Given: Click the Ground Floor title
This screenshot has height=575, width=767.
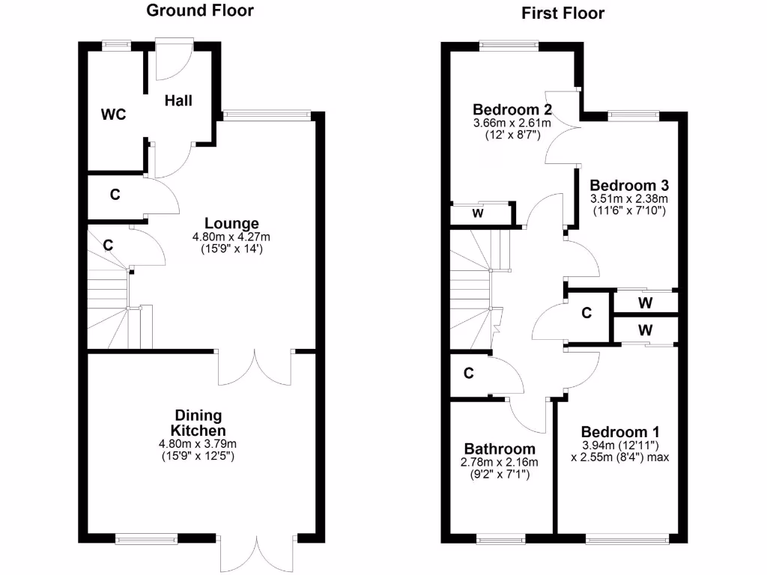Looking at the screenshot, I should click(x=199, y=10).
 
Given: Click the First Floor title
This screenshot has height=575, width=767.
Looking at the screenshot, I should click(x=562, y=13).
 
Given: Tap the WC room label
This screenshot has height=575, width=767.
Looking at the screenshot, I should click(x=113, y=115).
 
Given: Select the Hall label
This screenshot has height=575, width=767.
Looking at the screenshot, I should click(x=179, y=100).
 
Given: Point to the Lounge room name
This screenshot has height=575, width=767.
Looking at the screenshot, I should click(x=231, y=223).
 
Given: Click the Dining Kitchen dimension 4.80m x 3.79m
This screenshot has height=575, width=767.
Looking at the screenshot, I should click(x=198, y=444).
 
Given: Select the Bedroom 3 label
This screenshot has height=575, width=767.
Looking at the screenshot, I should click(x=629, y=185).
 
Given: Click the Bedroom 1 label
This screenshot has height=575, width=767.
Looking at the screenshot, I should click(x=620, y=432).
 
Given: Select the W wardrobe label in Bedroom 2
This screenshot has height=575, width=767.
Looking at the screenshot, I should click(x=477, y=213).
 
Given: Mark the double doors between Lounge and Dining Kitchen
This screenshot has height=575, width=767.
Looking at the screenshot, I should click(x=255, y=365).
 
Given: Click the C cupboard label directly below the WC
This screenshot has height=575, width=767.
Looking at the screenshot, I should click(x=115, y=195).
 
